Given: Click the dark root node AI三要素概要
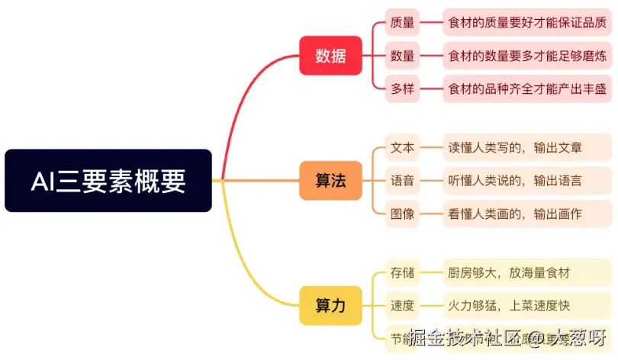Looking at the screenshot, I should [x=108, y=181].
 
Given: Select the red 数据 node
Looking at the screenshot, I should [x=330, y=56].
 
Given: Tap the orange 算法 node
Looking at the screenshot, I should [x=330, y=181].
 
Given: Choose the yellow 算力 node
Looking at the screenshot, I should [x=330, y=306].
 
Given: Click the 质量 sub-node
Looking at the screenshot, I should [x=402, y=23].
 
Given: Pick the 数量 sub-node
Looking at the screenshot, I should [x=402, y=56].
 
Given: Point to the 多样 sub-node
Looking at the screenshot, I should [x=402, y=88].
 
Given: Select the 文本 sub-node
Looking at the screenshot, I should [x=402, y=148].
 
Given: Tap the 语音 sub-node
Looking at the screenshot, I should [x=402, y=181].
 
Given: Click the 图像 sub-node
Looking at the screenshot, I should [x=402, y=214].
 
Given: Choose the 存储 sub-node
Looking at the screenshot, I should [x=402, y=273].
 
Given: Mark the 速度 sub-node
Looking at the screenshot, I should [x=402, y=306].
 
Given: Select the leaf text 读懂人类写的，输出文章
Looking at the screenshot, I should [x=515, y=148].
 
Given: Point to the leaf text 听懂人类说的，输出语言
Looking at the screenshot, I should [x=515, y=181].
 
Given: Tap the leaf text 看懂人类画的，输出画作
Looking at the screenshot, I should [x=515, y=214].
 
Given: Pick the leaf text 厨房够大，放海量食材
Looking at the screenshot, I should [x=509, y=273].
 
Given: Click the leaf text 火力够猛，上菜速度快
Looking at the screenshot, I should [x=509, y=306].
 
